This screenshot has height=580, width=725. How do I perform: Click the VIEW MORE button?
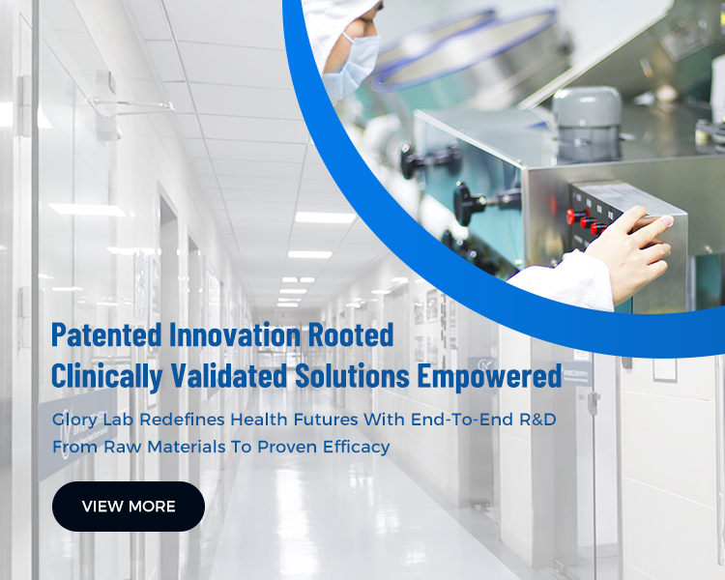click(128, 506)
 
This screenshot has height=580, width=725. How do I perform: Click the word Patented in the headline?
click(106, 334)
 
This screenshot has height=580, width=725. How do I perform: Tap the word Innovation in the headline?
click(235, 334)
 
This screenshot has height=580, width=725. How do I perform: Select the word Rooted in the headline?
click(351, 334)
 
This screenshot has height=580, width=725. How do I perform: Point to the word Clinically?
click(106, 376)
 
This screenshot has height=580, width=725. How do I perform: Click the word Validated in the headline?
click(229, 376)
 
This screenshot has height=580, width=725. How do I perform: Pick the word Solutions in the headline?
click(352, 376)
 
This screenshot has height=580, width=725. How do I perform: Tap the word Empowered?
click(490, 376)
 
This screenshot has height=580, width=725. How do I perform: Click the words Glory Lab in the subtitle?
click(93, 420)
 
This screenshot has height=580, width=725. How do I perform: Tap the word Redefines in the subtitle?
click(182, 420)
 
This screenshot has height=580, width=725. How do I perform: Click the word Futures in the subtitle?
click(326, 420)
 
